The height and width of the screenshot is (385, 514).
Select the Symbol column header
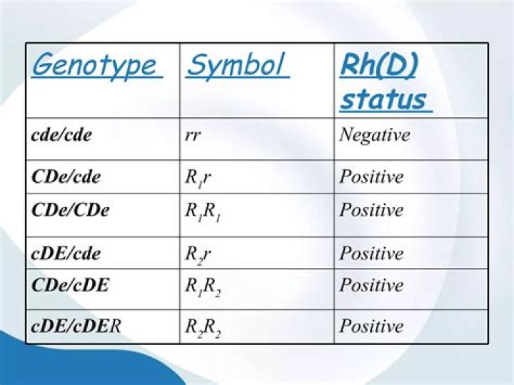(x=237, y=66)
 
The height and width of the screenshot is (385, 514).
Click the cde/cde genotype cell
(x=62, y=134)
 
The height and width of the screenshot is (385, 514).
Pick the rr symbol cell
(x=192, y=135)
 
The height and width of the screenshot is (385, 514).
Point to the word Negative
(x=374, y=134)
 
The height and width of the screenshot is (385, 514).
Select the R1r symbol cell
(x=198, y=177)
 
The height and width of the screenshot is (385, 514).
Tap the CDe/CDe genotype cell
(x=71, y=210)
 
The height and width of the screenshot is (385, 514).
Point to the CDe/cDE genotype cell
(x=71, y=285)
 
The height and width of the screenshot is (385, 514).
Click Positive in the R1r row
(x=371, y=176)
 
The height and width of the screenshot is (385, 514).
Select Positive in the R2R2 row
(x=371, y=326)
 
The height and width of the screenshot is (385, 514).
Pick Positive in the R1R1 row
(x=371, y=210)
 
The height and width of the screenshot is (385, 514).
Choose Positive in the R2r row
(x=371, y=253)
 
